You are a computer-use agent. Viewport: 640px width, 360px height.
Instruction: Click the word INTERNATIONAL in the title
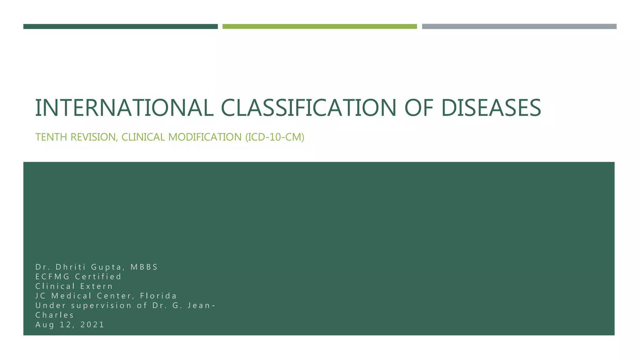pos(124,108)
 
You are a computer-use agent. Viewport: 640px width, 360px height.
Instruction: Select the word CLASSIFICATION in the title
pos(309,108)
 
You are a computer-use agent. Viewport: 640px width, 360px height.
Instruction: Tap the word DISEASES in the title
pos(491,108)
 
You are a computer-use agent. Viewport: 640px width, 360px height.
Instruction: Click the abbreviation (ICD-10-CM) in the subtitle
pos(275,137)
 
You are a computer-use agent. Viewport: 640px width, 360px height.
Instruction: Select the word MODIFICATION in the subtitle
pos(205,137)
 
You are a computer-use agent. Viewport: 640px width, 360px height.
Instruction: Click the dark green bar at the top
pos(120,27)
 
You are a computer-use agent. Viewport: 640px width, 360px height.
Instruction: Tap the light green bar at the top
pos(319,27)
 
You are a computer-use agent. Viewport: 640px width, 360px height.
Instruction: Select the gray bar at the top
pos(519,27)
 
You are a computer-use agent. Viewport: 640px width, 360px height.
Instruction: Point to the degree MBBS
pos(144,267)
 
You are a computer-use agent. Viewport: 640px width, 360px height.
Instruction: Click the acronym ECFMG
pos(52,277)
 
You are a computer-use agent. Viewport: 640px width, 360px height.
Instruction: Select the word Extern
pos(97,286)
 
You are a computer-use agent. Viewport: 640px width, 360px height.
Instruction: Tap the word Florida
pos(158,296)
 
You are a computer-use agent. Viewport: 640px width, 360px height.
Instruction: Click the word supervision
pos(101,306)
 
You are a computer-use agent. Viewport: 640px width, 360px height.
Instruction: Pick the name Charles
pos(55,315)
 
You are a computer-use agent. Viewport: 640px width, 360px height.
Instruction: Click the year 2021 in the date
pos(92,325)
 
